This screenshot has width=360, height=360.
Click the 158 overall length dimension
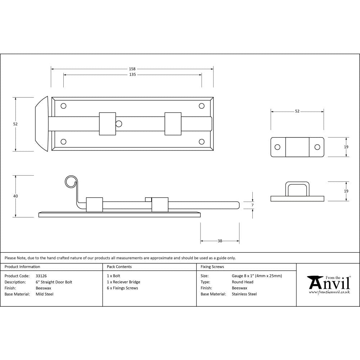[132, 69]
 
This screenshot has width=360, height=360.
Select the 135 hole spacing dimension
[132, 75]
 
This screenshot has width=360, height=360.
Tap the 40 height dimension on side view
[15, 196]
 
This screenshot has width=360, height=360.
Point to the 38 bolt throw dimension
[220, 241]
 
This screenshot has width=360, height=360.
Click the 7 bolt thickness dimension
[252, 205]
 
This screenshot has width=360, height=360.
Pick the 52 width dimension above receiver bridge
[297, 111]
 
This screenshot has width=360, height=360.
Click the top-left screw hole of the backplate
[64, 106]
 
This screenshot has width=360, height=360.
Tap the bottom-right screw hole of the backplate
[202, 142]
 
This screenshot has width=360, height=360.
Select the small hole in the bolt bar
[119, 124]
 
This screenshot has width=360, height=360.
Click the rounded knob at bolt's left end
[41, 124]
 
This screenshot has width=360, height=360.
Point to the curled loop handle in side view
[71, 182]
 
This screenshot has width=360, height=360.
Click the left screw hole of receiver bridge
[278, 147]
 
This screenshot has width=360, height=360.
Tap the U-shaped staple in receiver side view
[297, 189]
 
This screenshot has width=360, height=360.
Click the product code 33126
[41, 276]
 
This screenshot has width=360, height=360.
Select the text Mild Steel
[45, 294]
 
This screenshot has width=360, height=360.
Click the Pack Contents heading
[119, 267]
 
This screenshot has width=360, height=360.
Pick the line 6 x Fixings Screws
[122, 288]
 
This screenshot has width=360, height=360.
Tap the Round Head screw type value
[242, 282]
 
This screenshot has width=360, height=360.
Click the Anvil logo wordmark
[329, 283]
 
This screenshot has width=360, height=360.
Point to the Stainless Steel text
[244, 294]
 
